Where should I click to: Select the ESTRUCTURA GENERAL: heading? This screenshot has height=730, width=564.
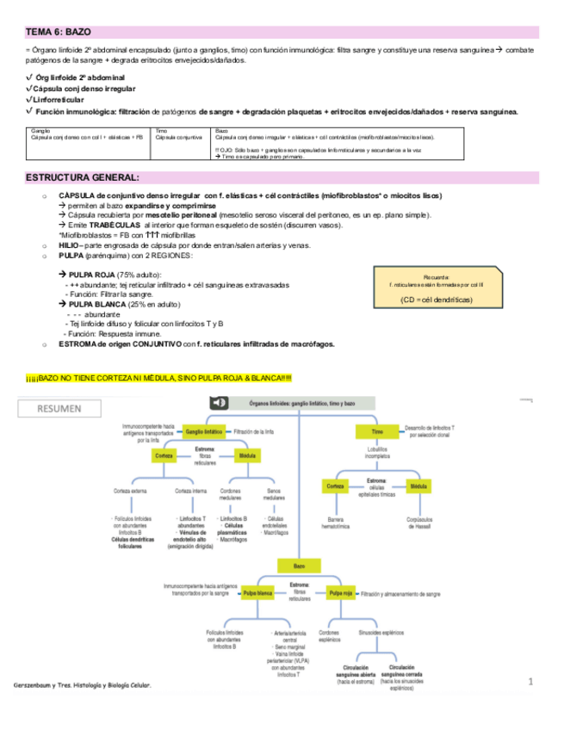click(82, 176)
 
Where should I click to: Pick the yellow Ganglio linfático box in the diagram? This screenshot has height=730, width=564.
click(204, 429)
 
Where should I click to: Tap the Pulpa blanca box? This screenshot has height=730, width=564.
click(257, 594)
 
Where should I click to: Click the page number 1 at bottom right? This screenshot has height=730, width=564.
click(532, 682)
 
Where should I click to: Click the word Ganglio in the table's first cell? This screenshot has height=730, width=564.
click(40, 130)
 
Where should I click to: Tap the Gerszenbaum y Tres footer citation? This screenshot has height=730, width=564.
click(82, 686)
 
